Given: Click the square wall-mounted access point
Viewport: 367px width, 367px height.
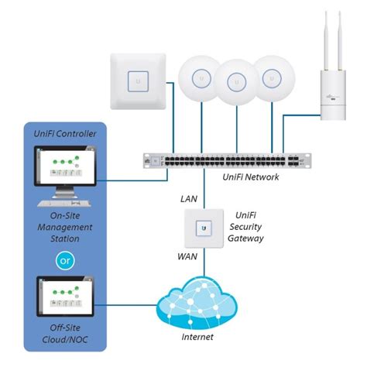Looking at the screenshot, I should coord(139,80).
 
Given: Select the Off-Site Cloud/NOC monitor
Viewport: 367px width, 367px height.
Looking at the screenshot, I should coord(63,297).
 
